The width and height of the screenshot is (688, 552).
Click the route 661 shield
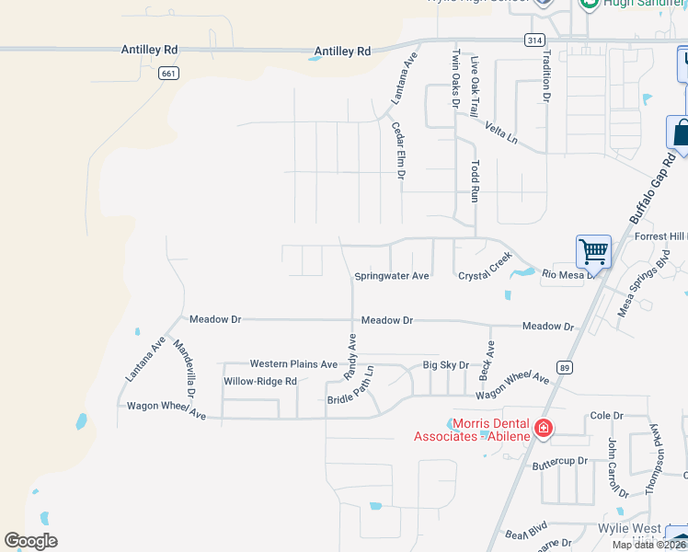167,74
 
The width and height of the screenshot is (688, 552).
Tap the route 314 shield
533,40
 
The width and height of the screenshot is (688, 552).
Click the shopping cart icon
593,251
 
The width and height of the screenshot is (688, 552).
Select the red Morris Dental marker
544,428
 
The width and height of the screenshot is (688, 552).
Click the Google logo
30,541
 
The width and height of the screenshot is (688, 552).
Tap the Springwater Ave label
392,276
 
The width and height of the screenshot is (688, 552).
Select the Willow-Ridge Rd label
260,381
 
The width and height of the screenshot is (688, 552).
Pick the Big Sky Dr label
446,365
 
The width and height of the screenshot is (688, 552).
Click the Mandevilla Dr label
185,368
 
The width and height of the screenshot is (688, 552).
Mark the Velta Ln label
501,132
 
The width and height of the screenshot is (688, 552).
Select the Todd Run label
476,182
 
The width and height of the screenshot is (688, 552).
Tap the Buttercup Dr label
559,462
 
